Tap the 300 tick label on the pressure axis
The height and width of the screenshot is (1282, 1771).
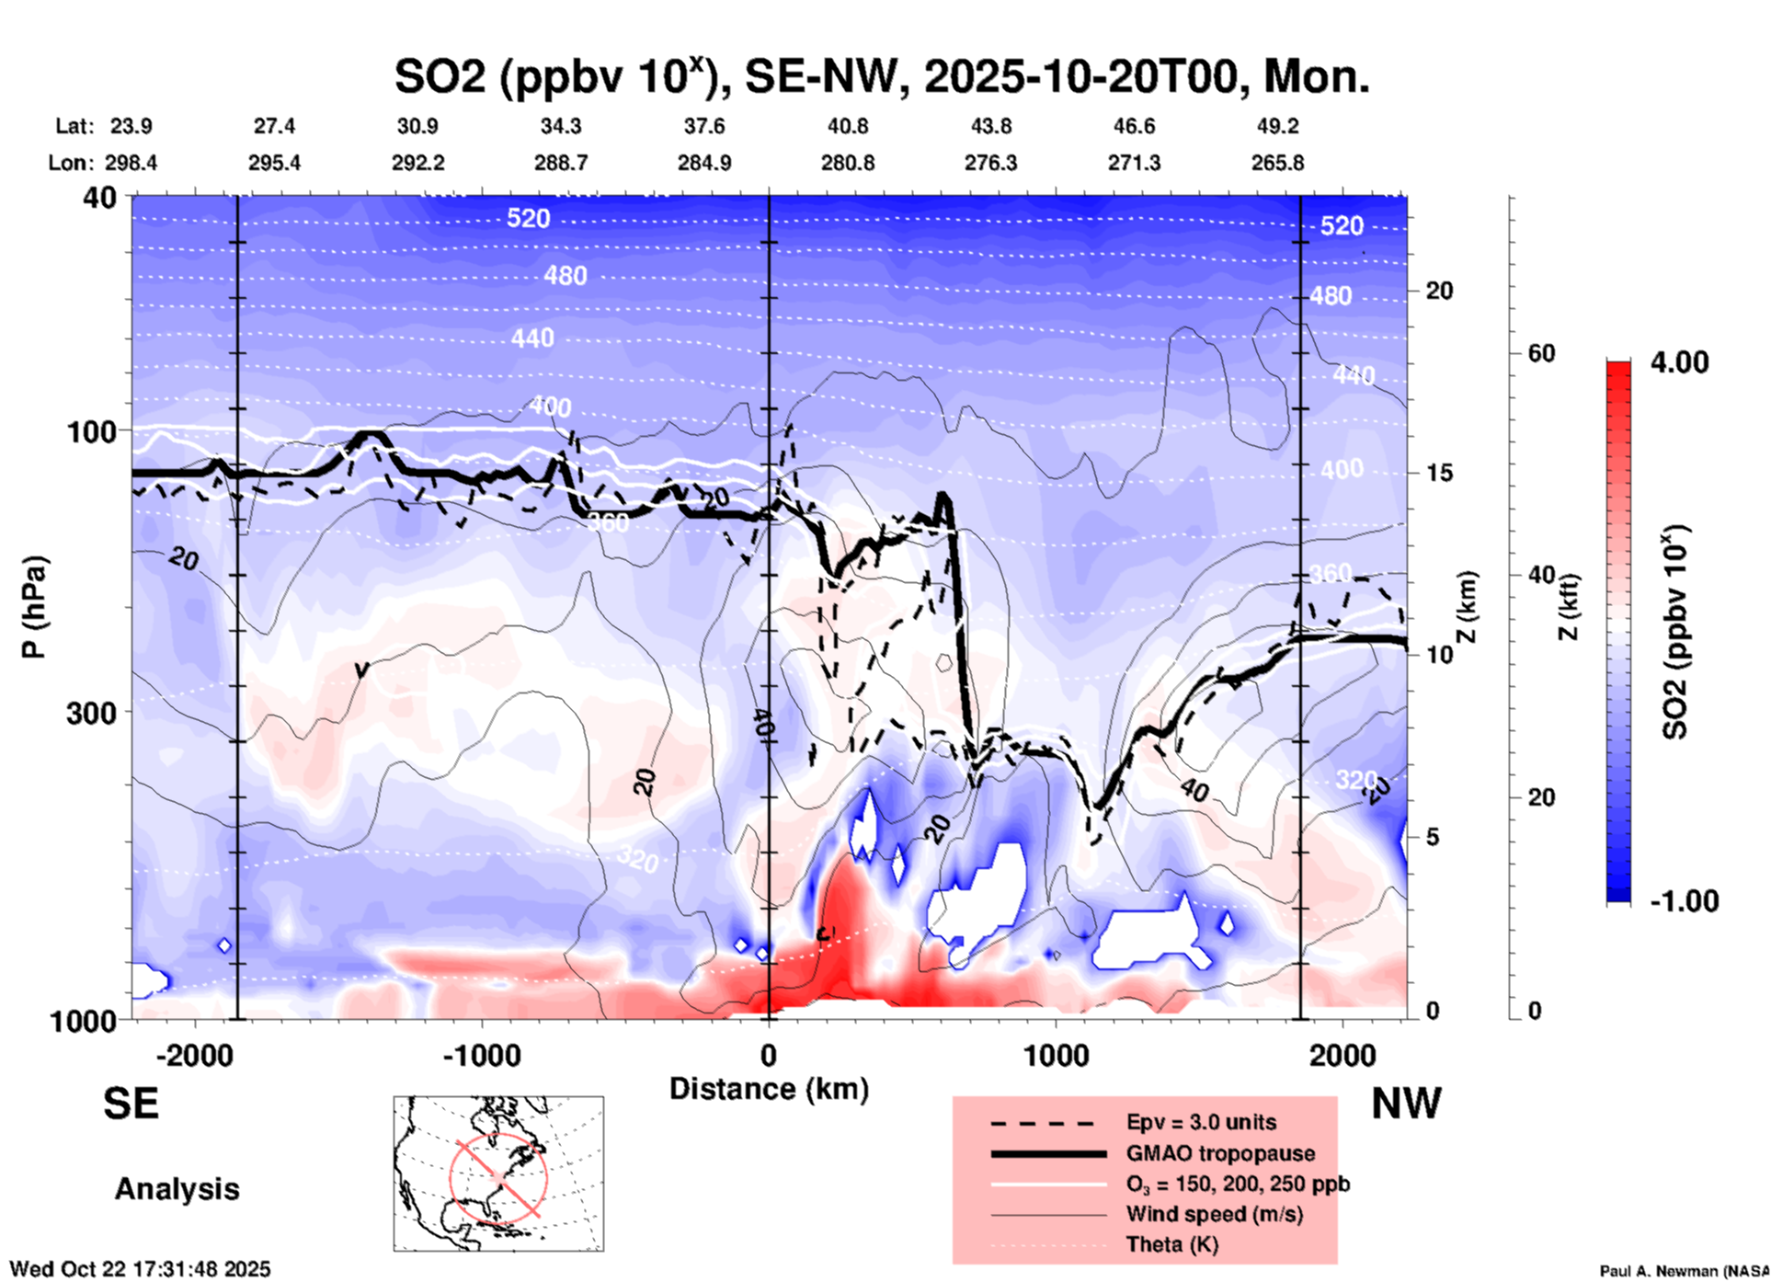pyautogui.click(x=91, y=713)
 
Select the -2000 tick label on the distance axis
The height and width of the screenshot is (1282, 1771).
pyautogui.click(x=195, y=1056)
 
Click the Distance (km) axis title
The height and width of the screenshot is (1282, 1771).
pyautogui.click(x=769, y=1089)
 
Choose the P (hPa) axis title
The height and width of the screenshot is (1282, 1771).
pyautogui.click(x=33, y=607)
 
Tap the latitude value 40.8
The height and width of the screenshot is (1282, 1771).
pyautogui.click(x=847, y=126)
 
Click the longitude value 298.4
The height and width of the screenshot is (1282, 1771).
pyautogui.click(x=131, y=163)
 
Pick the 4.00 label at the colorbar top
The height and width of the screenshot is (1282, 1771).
pyautogui.click(x=1679, y=361)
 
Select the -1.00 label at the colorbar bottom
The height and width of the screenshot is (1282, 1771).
pyautogui.click(x=1684, y=901)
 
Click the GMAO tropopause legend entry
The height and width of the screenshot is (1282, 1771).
pyautogui.click(x=1220, y=1153)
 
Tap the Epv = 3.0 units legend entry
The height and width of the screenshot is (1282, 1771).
pyautogui.click(x=1201, y=1122)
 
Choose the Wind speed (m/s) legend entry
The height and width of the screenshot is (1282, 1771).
pyautogui.click(x=1214, y=1214)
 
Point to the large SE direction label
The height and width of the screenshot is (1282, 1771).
pyautogui.click(x=131, y=1104)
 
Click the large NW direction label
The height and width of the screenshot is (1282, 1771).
pyautogui.click(x=1406, y=1104)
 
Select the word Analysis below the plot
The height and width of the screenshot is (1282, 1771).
pyautogui.click(x=177, y=1189)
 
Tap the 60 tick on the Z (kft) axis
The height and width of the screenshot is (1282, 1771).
pyautogui.click(x=1541, y=353)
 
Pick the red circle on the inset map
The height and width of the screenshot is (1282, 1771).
pyautogui.click(x=498, y=1175)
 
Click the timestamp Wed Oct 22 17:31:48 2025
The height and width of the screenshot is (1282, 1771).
pyautogui.click(x=140, y=1269)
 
